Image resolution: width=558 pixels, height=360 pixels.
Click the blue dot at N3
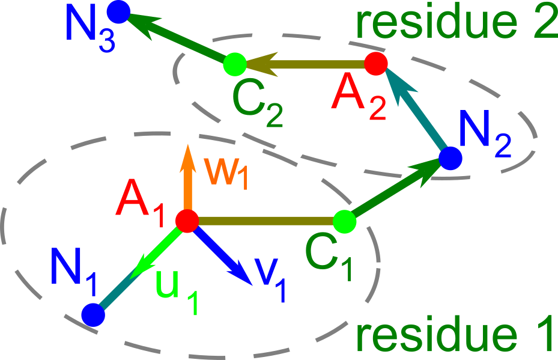click(x=118, y=11)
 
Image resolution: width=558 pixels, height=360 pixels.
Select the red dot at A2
click(x=375, y=63)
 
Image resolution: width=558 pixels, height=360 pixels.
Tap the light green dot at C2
click(x=234, y=63)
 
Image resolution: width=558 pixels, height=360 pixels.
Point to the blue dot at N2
click(x=450, y=158)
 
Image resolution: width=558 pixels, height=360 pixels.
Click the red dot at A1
click(x=187, y=221)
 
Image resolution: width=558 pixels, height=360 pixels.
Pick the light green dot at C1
click(x=345, y=221)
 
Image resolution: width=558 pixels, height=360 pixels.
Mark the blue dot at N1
click(x=92, y=314)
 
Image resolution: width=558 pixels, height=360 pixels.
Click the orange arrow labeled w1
click(x=187, y=177)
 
